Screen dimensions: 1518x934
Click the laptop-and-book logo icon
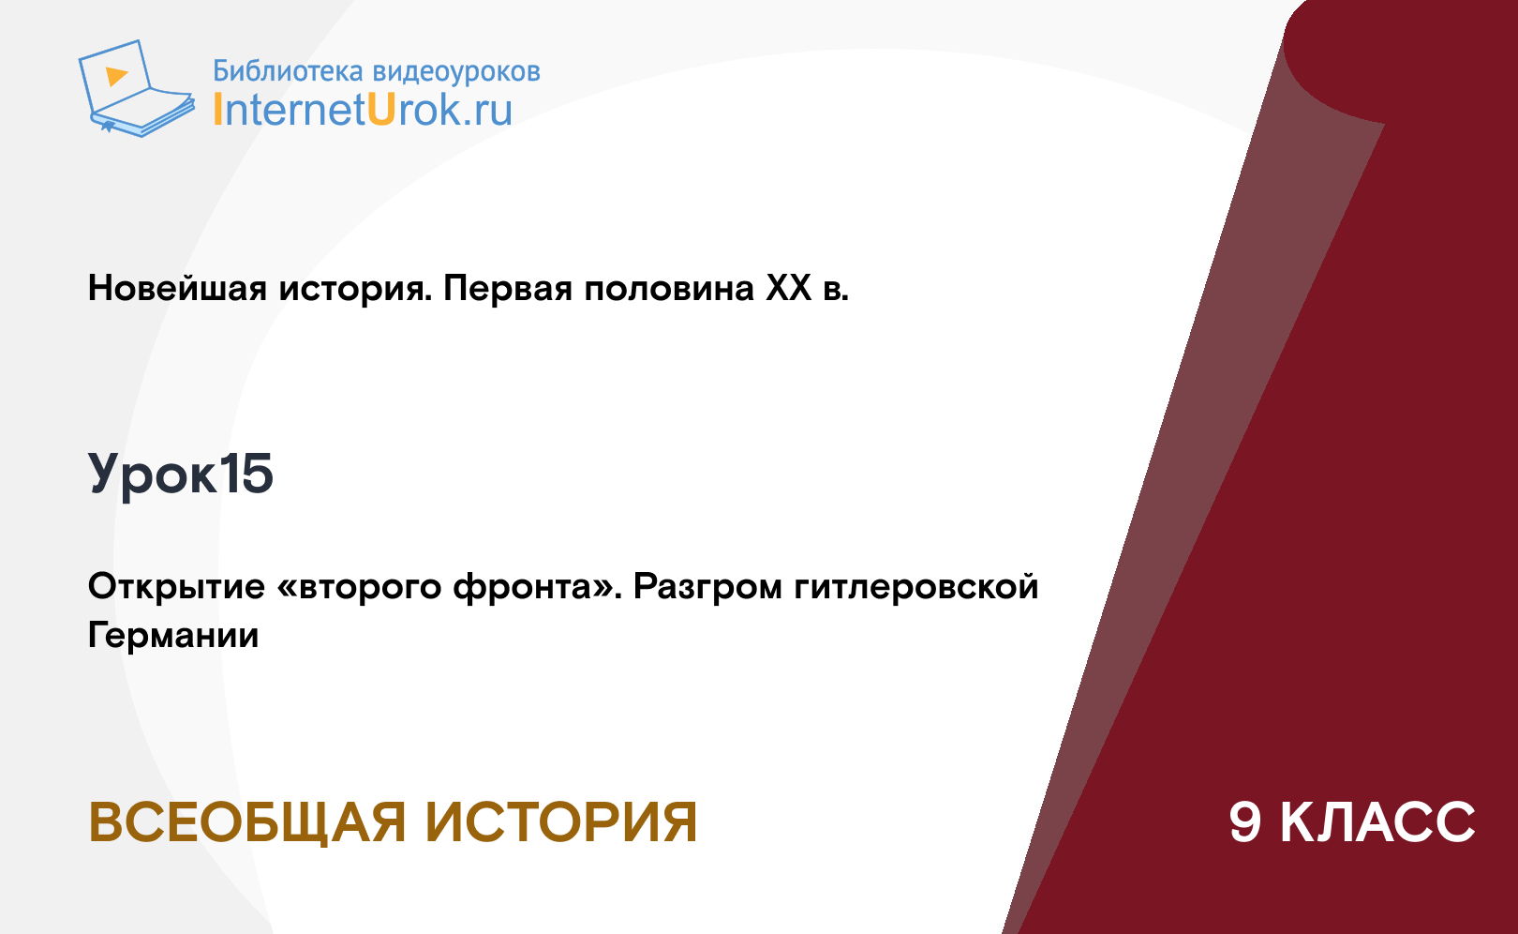click(136, 88)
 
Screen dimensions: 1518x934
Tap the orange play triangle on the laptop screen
click(116, 75)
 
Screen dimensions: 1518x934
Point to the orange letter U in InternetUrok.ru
click(381, 109)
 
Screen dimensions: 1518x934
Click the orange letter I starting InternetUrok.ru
click(217, 109)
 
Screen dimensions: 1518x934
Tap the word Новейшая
click(177, 288)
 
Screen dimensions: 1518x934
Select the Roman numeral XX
click(789, 288)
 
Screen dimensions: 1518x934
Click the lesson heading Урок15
click(180, 474)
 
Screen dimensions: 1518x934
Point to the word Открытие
click(176, 587)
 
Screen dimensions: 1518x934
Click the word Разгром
click(707, 587)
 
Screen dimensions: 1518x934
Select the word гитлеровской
click(916, 587)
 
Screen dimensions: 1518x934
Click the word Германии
click(173, 636)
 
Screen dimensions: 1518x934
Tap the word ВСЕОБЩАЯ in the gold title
click(246, 822)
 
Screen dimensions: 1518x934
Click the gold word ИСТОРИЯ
click(561, 822)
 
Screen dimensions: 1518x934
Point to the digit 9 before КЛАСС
click(1245, 822)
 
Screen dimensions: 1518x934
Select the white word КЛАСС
click(1377, 822)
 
